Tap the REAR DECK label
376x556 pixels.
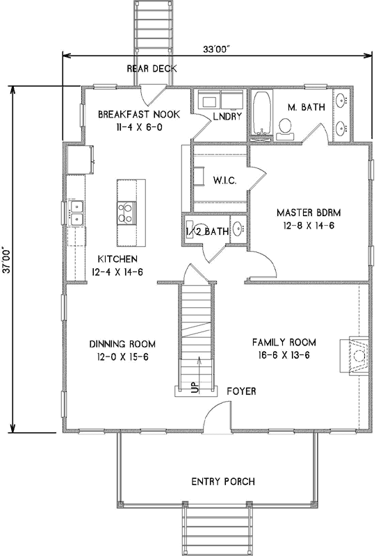152,69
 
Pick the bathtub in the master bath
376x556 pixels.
261,112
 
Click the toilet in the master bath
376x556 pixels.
285,126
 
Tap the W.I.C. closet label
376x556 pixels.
225,181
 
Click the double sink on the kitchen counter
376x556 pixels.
77,212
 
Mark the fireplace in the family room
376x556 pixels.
356,356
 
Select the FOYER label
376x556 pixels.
241,391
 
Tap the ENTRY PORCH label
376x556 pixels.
222,482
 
